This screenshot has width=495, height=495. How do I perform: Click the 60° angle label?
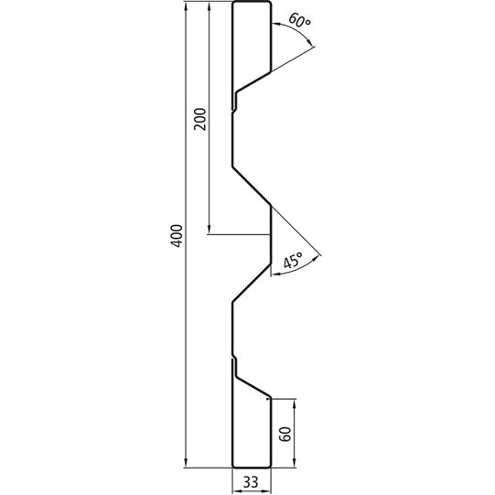[298, 19]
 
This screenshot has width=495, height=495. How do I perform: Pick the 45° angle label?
[294, 262]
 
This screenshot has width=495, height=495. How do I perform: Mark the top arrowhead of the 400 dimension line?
[187, 8]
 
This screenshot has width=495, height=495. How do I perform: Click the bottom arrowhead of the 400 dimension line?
[187, 464]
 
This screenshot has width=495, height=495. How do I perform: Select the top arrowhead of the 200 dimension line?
[210, 8]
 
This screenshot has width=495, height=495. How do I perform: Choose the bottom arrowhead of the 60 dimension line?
[295, 465]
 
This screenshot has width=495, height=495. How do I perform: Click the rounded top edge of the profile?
[253, 4]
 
